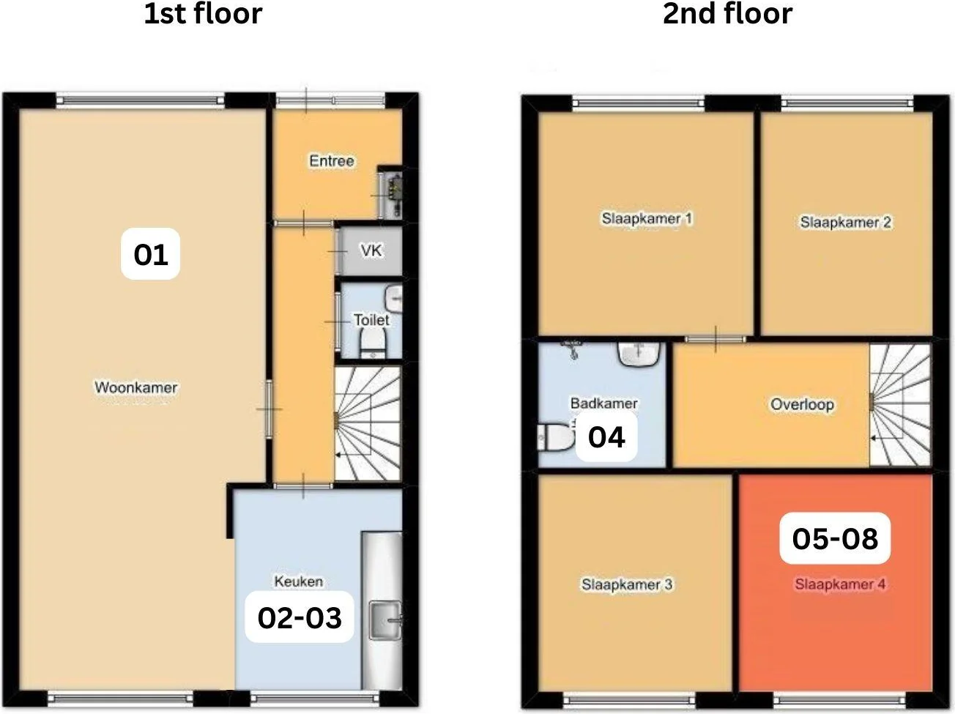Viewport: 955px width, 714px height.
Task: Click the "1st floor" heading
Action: tap(203, 14)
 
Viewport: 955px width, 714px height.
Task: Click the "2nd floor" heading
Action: tap(727, 14)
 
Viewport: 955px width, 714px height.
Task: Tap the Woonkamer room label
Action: tap(136, 387)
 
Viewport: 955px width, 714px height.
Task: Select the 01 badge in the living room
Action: tap(151, 254)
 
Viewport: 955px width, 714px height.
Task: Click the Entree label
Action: tap(332, 161)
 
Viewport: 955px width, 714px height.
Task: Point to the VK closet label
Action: tap(371, 250)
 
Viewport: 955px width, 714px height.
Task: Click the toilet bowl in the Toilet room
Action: tap(374, 342)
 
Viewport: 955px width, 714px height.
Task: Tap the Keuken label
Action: tap(299, 581)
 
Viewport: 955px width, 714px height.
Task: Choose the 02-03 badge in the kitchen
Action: tap(300, 617)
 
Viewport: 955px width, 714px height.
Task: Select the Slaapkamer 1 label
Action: tap(647, 218)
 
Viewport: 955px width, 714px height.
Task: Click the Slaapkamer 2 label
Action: tap(845, 222)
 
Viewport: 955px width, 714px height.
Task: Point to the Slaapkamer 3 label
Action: tap(627, 584)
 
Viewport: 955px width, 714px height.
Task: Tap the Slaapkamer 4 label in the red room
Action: tap(840, 584)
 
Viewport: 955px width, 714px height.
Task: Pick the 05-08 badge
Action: tap(835, 538)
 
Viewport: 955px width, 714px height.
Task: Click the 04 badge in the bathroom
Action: tap(606, 437)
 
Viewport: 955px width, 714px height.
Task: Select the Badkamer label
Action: tap(603, 403)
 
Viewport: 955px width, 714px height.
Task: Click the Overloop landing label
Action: tap(802, 404)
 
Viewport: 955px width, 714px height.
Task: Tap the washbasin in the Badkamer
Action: tap(639, 354)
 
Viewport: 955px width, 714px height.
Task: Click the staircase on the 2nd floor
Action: tap(900, 404)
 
